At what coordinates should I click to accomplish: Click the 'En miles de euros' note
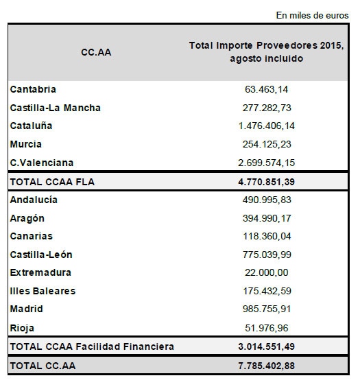312,15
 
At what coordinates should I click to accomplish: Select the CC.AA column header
96,52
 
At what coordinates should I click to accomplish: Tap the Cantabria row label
33,89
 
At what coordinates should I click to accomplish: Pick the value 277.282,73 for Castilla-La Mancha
267,108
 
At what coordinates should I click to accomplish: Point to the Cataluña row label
32,126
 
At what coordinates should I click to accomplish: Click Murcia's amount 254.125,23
267,144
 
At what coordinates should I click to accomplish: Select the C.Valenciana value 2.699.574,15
267,163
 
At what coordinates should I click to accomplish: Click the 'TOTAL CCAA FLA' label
52,182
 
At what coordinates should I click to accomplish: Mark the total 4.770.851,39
267,182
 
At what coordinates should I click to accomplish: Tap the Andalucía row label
34,200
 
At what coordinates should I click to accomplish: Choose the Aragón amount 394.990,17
267,218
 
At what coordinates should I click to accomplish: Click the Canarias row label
32,236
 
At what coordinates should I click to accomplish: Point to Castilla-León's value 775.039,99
267,255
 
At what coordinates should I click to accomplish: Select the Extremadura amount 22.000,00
267,272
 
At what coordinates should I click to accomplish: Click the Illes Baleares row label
43,291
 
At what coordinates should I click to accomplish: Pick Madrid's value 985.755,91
267,309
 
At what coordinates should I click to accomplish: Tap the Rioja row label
22,328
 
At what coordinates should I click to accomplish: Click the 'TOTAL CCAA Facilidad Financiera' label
92,346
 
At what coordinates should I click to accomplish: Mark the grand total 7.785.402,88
267,366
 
